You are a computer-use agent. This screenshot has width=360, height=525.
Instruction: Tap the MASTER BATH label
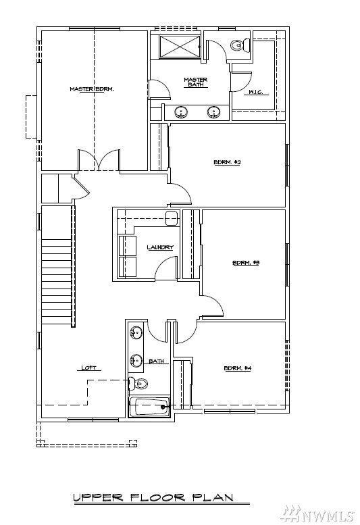click(195, 82)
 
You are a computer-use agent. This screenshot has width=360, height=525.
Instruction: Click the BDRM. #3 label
click(246, 263)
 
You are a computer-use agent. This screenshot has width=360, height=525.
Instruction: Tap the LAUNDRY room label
click(160, 247)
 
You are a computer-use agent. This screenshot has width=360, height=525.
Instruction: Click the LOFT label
click(89, 368)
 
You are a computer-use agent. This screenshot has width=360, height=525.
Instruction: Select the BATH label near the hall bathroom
click(157, 361)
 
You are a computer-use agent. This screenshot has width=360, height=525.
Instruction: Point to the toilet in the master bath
click(236, 46)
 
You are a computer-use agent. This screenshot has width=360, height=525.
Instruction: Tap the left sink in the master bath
click(180, 112)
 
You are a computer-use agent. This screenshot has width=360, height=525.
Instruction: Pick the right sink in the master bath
click(214, 112)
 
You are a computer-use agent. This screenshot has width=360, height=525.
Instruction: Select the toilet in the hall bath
click(139, 384)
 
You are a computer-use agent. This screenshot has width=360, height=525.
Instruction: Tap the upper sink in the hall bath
click(135, 332)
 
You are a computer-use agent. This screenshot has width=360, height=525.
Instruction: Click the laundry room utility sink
click(172, 218)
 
